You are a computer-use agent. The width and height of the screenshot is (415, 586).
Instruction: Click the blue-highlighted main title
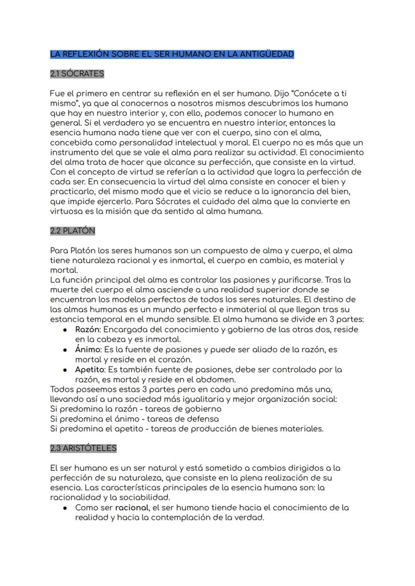(x=172, y=54)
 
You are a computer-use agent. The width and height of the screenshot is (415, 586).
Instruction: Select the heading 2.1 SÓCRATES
(x=77, y=74)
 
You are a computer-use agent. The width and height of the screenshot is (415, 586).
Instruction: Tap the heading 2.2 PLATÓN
(x=73, y=231)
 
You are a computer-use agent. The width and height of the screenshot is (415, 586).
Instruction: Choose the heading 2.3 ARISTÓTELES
(x=83, y=448)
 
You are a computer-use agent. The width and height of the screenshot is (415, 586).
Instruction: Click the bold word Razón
(x=88, y=330)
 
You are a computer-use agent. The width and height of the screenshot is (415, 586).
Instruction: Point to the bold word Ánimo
(x=88, y=349)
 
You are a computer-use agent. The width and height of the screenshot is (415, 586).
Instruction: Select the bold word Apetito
(x=89, y=369)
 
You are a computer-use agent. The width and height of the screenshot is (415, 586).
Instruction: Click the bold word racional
(x=133, y=508)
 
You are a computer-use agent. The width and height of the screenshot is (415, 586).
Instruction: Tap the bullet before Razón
(x=65, y=330)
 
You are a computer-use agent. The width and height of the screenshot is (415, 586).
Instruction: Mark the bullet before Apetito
(x=65, y=370)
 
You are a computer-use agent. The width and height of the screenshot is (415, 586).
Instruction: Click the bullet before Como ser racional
(x=65, y=508)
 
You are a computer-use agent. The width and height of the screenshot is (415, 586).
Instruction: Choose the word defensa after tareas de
(x=202, y=419)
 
